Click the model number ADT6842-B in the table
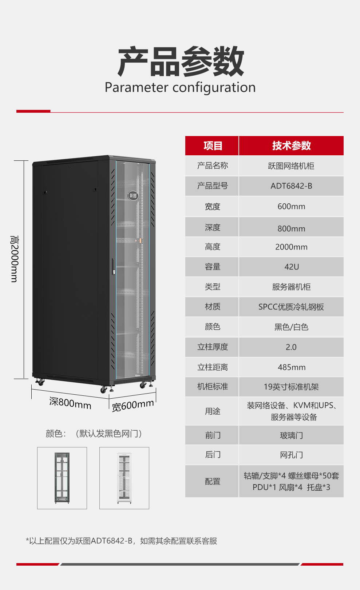tap(291, 186)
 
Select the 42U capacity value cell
tap(291, 267)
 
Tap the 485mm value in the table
tap(292, 367)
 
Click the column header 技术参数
tap(291, 145)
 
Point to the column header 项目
tap(213, 145)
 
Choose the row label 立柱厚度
tap(213, 347)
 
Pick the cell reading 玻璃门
tap(291, 435)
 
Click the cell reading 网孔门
tap(291, 455)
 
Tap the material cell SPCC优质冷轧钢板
tap(291, 307)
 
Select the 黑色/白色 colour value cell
tap(291, 327)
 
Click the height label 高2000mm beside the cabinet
tap(14, 259)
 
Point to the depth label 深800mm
tap(70, 403)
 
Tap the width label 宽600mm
tap(133, 405)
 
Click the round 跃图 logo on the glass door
tap(133, 196)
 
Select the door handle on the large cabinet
tap(114, 266)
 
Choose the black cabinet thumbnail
tap(62, 478)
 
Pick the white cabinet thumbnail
tap(124, 478)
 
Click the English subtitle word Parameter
tap(137, 87)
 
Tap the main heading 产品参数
tap(181, 61)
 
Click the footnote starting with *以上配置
tap(121, 541)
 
